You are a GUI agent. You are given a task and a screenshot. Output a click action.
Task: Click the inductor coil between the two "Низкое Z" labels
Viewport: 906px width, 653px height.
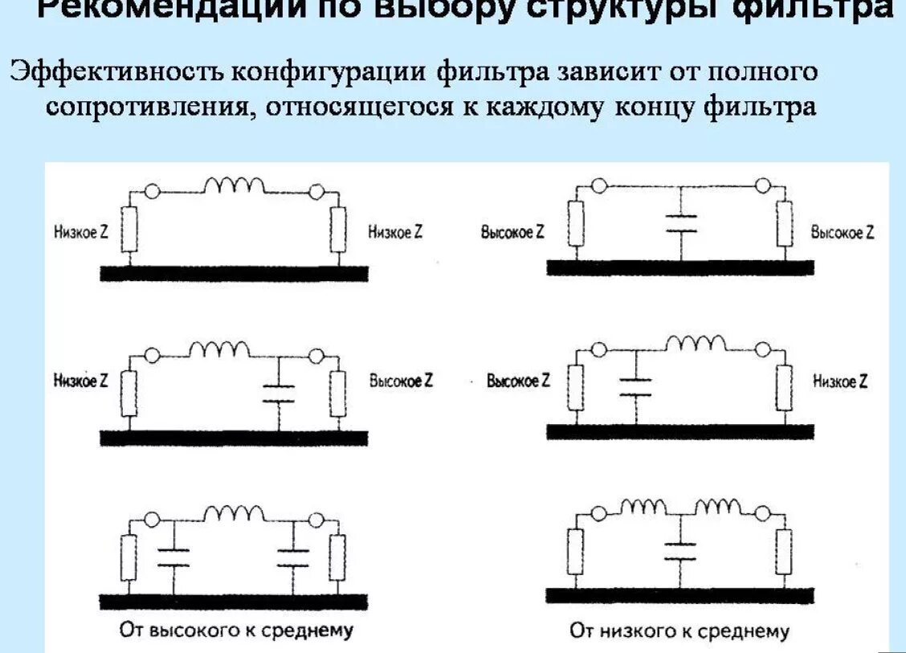coord(234,187)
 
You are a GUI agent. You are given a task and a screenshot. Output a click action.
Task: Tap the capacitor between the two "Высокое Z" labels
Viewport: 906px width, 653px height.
coord(680,222)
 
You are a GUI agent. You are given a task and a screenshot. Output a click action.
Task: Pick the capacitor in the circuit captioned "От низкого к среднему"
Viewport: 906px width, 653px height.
coord(680,551)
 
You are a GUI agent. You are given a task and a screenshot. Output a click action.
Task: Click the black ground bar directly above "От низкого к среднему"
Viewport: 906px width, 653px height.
coord(680,595)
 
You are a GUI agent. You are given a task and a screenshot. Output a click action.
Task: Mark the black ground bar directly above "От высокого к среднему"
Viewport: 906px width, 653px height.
coord(234,602)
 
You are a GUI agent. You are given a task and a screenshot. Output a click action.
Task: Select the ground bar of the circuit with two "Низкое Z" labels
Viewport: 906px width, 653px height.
coord(234,273)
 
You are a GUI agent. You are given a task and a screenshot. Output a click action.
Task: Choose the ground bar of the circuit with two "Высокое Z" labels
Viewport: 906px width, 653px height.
coord(680,267)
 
